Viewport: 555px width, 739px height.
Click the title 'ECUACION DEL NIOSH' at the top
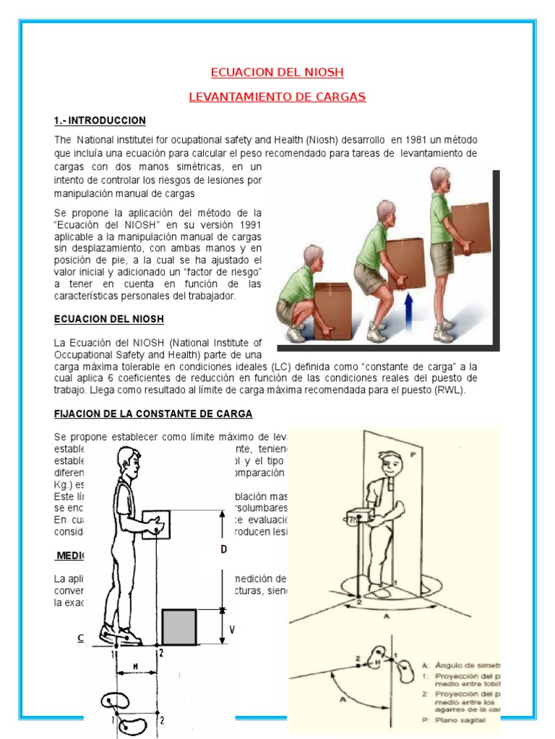[x=277, y=72]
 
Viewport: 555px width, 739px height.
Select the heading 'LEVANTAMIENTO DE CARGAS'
[x=277, y=97]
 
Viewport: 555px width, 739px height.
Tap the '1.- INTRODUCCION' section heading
[x=100, y=121]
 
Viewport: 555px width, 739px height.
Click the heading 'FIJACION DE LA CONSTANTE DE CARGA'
[x=153, y=414]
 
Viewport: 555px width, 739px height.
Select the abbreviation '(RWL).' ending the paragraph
[x=449, y=390]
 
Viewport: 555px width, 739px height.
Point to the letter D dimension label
[x=224, y=549]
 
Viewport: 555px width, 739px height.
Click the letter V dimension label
[x=231, y=628]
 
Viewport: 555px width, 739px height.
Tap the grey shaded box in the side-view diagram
[x=178, y=626]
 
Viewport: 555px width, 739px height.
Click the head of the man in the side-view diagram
[x=127, y=462]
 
